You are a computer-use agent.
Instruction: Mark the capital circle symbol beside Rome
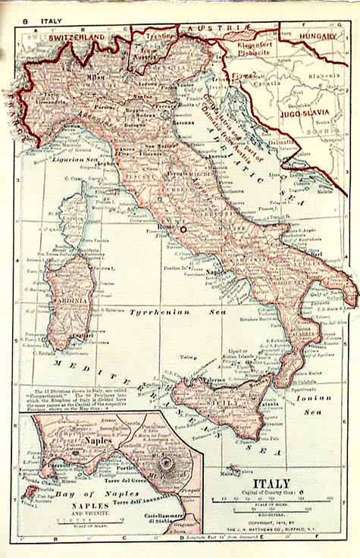pyautogui.click(x=182, y=227)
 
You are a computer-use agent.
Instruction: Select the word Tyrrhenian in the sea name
pyautogui.click(x=157, y=312)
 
